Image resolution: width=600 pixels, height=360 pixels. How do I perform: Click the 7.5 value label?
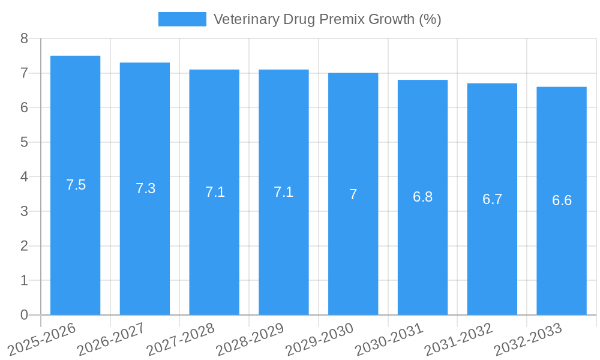point(76,185)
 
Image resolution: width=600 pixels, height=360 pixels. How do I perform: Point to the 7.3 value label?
point(145,188)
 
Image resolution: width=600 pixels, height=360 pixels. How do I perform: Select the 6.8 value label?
point(422,197)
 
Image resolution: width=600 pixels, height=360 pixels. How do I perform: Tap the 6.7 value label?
point(492,199)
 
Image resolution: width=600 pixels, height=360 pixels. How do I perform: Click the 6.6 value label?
point(562,200)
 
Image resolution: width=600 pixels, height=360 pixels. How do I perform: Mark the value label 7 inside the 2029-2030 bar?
point(353,194)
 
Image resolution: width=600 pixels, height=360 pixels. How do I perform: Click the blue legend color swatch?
point(182,19)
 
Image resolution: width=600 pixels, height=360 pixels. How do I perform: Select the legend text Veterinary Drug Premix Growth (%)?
point(327,19)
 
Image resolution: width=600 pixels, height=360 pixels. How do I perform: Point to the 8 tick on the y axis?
point(24,38)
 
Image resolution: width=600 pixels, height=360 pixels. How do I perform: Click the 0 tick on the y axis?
point(24,315)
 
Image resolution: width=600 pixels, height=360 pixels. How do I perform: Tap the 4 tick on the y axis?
point(24,177)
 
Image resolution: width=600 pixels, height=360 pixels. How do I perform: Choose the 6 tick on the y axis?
point(24,107)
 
